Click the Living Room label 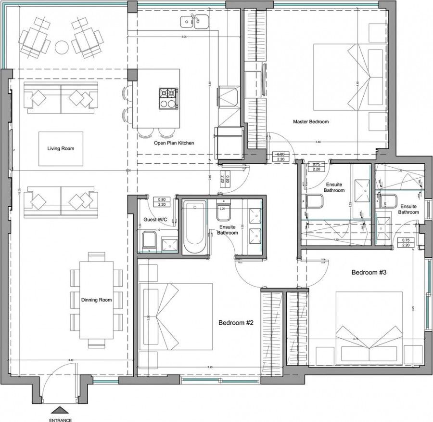[x=61, y=148]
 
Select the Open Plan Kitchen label [x=174, y=143]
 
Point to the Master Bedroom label [x=311, y=122]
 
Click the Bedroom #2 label [x=236, y=323]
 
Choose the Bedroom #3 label [x=369, y=272]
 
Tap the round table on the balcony [x=62, y=47]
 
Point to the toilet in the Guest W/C [x=148, y=240]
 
